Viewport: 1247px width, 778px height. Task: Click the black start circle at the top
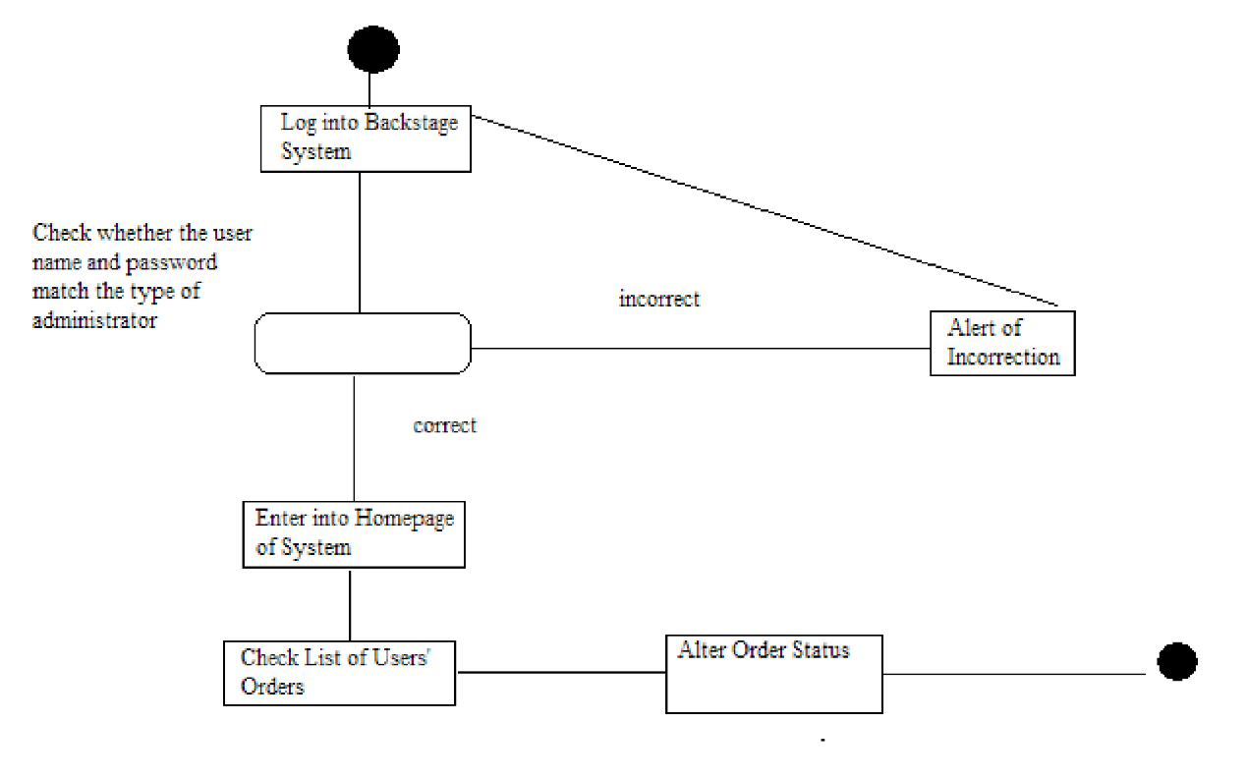tap(373, 49)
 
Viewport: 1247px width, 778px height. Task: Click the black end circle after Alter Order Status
tap(1176, 662)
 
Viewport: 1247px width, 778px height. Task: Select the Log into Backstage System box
tap(366, 139)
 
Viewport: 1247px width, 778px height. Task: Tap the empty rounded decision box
tap(363, 343)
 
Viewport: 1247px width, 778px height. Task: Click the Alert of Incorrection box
tap(1002, 343)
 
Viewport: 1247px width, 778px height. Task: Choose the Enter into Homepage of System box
tap(354, 533)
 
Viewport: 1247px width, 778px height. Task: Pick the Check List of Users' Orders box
tap(340, 673)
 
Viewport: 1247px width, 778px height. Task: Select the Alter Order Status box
tap(773, 674)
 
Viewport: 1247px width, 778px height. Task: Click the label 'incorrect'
tap(658, 299)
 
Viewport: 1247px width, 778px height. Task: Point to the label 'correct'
tap(444, 425)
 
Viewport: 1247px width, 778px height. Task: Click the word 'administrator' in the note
tap(94, 320)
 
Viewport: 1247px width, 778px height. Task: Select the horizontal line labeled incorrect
tap(700, 348)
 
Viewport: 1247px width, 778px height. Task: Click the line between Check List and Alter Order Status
tap(560, 673)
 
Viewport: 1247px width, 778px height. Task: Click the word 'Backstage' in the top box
tap(411, 123)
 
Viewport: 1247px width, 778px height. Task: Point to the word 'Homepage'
tap(404, 518)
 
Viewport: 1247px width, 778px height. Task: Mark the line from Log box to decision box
tap(360, 242)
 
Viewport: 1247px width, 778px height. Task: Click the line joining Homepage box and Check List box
tap(350, 604)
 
